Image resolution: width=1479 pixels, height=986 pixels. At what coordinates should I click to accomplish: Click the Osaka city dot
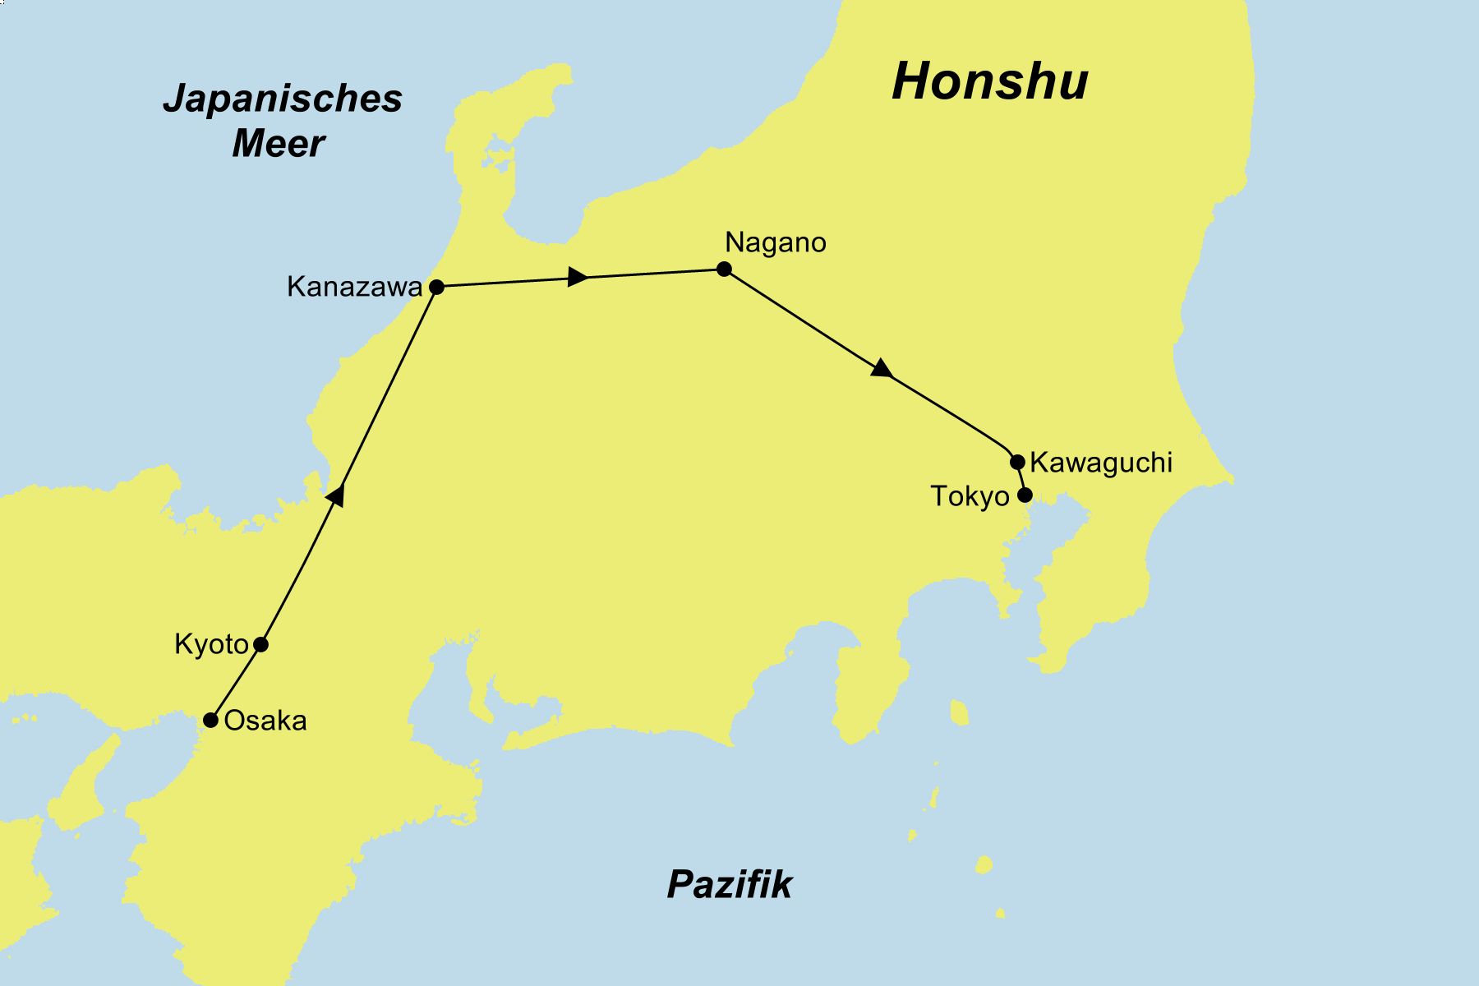pos(210,721)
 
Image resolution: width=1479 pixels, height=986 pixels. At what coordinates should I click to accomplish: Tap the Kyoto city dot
pos(260,644)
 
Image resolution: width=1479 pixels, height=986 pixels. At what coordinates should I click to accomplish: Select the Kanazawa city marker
pos(437,287)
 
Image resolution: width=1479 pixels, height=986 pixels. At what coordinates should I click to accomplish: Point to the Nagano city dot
pos(724,269)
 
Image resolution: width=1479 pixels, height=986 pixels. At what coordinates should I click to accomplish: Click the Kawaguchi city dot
pos(1017,462)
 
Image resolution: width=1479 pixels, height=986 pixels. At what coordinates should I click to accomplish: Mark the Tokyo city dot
pos(1025,495)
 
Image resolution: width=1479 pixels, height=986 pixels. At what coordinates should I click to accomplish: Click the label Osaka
pos(265,721)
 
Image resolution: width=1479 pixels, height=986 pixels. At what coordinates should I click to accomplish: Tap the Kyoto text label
pos(211,644)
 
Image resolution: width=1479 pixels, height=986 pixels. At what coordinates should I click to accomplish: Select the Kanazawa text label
pos(354,287)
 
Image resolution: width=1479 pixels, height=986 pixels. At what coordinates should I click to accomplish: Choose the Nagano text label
pos(775,242)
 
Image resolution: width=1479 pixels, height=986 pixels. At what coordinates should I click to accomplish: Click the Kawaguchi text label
pos(1100,463)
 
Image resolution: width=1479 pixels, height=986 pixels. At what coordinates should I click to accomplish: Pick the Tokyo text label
pos(970,496)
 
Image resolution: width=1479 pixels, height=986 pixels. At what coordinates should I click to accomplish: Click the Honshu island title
pos(989,81)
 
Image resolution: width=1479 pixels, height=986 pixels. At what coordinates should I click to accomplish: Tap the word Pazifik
pos(729,885)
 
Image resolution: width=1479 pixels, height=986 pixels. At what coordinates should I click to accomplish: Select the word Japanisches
pos(283,99)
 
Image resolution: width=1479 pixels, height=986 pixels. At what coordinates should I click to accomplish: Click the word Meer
pos(278,144)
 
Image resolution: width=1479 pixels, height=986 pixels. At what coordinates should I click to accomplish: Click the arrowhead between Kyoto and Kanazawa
pos(336,494)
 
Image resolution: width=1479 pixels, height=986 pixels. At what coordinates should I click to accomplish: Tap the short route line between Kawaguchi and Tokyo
pos(1021,478)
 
